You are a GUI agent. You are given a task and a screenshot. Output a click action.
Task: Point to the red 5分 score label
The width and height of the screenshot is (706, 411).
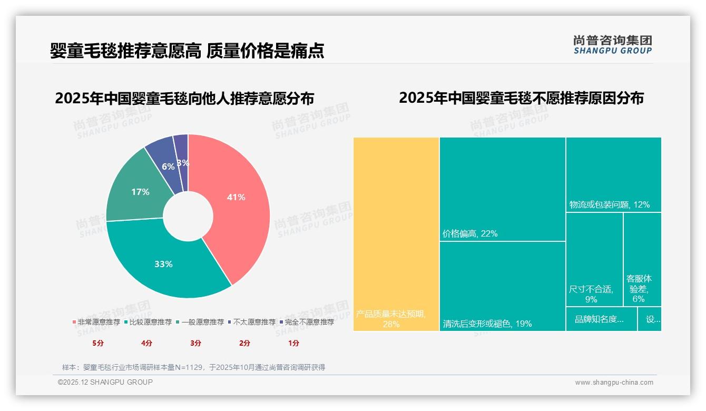tap(98, 343)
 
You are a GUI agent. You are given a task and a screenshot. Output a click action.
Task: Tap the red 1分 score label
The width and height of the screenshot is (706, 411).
tap(293, 343)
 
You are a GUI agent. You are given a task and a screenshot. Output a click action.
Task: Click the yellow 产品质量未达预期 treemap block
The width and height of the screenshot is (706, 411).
tap(396, 234)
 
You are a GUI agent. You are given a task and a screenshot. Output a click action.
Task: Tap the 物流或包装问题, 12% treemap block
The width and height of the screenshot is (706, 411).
tap(613, 174)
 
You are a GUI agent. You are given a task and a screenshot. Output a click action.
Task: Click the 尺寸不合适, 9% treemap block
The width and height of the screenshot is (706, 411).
tap(594, 259)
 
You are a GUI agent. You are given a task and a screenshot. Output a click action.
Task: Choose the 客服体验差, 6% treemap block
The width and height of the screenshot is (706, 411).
tap(642, 259)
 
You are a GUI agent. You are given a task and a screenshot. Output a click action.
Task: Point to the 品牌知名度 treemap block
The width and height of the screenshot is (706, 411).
tap(601, 319)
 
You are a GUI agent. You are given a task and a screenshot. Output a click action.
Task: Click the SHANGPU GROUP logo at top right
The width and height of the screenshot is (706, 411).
tap(613, 44)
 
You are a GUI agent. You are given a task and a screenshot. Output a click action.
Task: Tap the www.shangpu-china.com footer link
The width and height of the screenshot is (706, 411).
tap(614, 383)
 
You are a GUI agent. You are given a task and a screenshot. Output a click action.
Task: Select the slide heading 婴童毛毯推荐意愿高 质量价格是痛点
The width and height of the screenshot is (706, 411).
tap(187, 51)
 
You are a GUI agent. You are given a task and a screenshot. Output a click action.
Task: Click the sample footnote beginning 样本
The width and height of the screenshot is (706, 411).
tap(193, 367)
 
